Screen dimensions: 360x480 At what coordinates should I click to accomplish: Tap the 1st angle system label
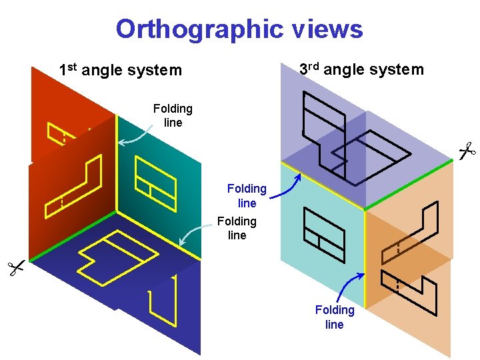tap(120, 69)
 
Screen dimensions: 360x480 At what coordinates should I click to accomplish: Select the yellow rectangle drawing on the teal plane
tap(155, 179)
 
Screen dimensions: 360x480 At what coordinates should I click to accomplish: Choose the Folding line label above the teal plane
tap(172, 115)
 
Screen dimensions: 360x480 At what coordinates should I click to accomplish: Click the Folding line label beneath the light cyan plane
tap(335, 317)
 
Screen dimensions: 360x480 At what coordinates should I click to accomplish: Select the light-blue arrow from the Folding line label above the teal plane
tap(137, 138)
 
